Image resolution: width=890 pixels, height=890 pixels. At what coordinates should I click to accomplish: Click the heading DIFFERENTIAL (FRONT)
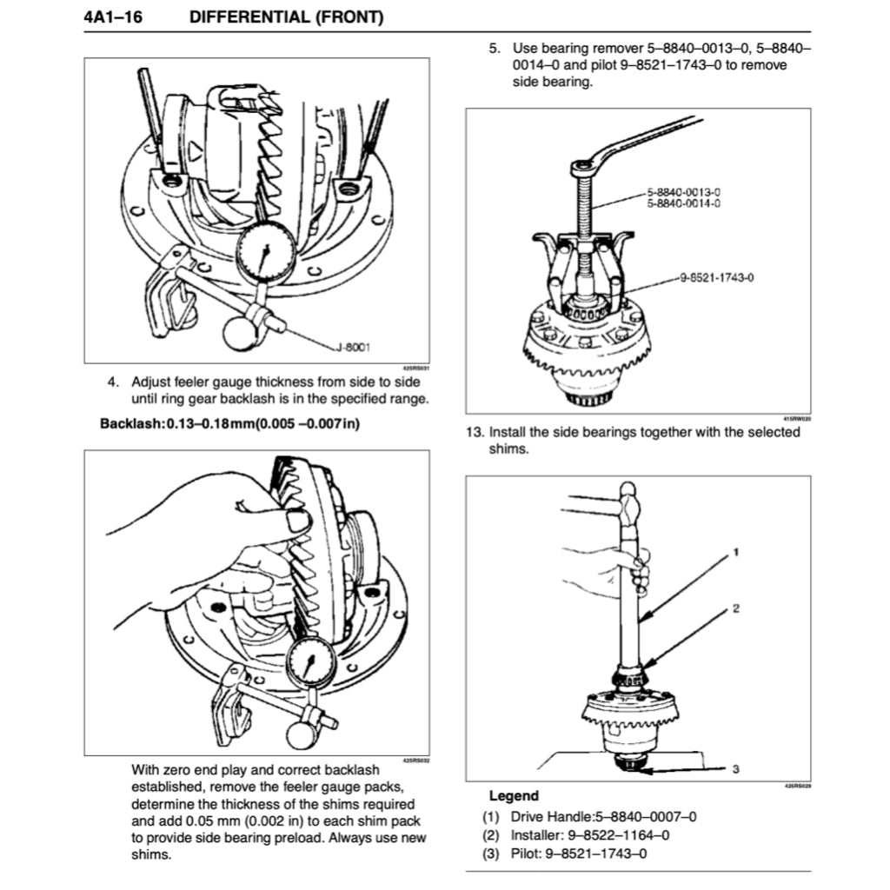pos(287,17)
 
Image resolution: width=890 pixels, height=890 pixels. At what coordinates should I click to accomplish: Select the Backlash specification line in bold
pos(229,424)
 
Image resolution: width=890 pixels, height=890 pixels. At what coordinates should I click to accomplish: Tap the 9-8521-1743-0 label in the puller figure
pos(714,277)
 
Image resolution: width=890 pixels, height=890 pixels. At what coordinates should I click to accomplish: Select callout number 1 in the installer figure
pos(736,552)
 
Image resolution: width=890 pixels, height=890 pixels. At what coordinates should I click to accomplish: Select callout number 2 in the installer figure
pos(736,608)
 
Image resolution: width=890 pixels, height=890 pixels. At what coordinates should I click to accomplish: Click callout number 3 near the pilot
pos(736,768)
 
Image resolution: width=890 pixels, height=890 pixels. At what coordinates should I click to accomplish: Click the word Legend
pos(514,795)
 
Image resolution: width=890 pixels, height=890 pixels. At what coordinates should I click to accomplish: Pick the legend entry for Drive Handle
pos(590,816)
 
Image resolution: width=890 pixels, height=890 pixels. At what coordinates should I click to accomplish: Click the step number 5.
pos(494,48)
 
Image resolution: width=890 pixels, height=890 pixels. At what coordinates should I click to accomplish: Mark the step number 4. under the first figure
pos(112,382)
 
